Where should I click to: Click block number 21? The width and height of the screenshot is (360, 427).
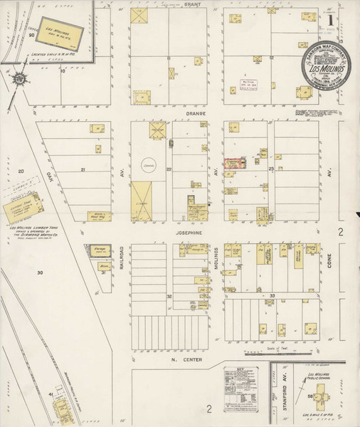pos(83,169)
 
